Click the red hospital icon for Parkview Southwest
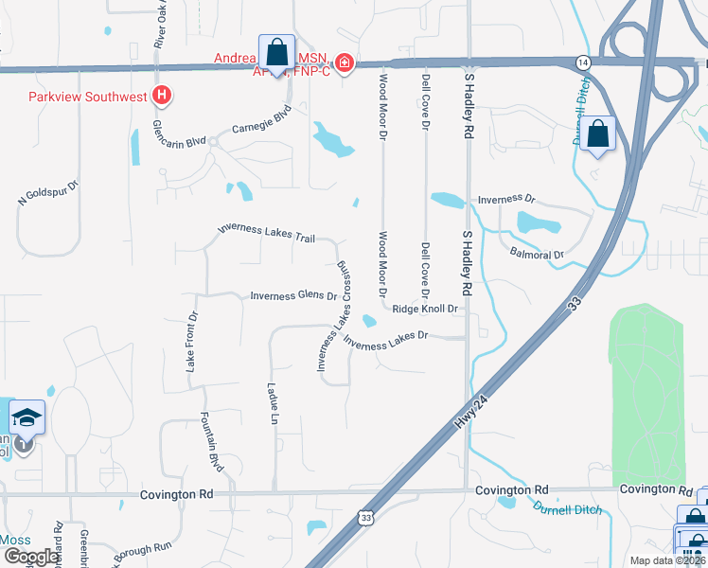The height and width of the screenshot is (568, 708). pyautogui.click(x=163, y=96)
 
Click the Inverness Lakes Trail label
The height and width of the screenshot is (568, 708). pyautogui.click(x=266, y=233)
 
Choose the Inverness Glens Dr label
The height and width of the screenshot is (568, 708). pyautogui.click(x=293, y=296)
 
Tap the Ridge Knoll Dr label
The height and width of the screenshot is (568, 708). pyautogui.click(x=425, y=309)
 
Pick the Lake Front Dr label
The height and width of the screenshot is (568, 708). pyautogui.click(x=192, y=341)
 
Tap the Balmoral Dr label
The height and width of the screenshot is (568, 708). pyautogui.click(x=537, y=255)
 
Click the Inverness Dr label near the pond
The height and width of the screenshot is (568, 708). pyautogui.click(x=506, y=201)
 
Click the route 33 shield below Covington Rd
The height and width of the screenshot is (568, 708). pyautogui.click(x=366, y=517)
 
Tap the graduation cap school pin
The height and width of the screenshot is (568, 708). pyautogui.click(x=27, y=417)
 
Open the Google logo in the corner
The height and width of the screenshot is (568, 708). pyautogui.click(x=31, y=556)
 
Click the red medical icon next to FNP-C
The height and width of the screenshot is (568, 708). pyautogui.click(x=345, y=63)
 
